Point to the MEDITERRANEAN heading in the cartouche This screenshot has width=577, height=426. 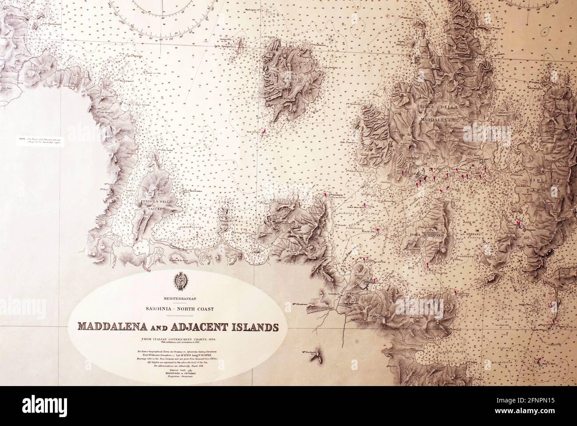(178, 299)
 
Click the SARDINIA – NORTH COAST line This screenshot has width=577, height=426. (178, 308)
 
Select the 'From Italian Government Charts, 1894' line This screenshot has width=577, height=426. (178, 339)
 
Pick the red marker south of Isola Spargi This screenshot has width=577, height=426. (264, 131)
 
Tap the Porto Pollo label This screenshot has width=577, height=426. (242, 233)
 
